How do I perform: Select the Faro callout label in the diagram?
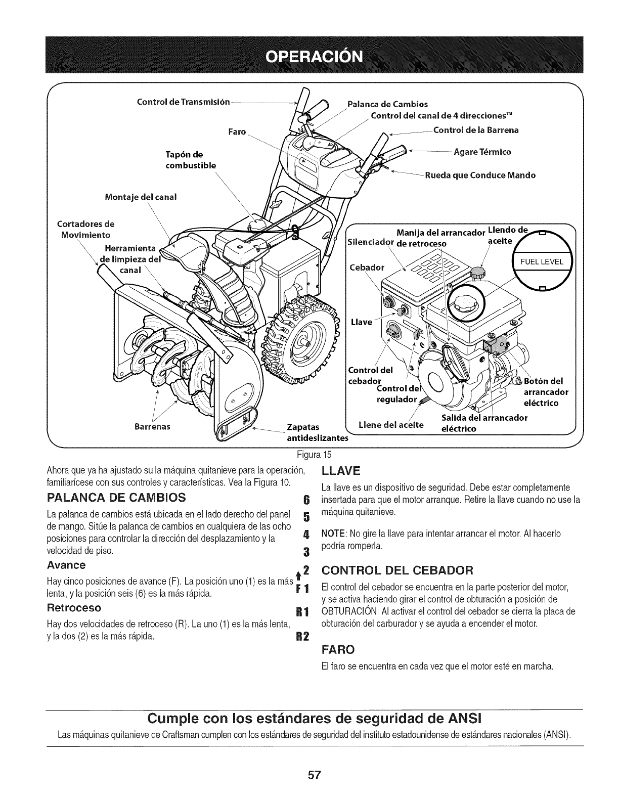[x=236, y=131]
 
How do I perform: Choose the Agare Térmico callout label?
[x=482, y=152]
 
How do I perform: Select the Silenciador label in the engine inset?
[x=370, y=240]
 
